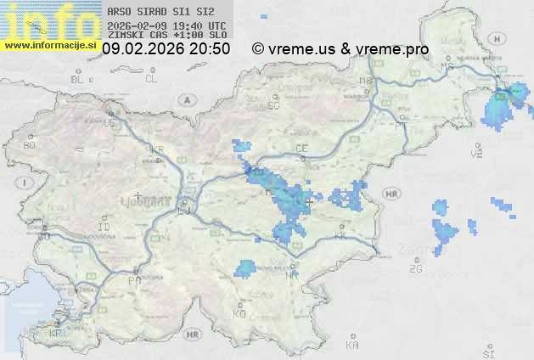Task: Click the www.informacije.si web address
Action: [49, 45]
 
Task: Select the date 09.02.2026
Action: [143, 49]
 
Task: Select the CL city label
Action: [152, 79]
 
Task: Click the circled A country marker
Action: [185, 99]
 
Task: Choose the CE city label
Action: [301, 149]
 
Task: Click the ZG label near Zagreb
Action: [415, 269]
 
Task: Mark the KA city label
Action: [352, 346]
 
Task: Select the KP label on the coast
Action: [56, 334]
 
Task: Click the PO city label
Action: [133, 280]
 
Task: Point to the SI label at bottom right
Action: [488, 351]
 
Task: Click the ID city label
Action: [104, 228]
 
